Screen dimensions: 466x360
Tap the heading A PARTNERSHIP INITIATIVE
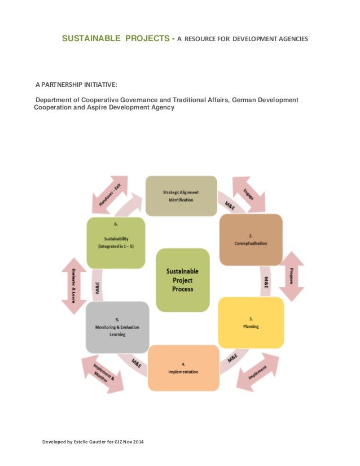76,84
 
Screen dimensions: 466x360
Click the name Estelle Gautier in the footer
86,441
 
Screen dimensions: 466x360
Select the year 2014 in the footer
137,441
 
